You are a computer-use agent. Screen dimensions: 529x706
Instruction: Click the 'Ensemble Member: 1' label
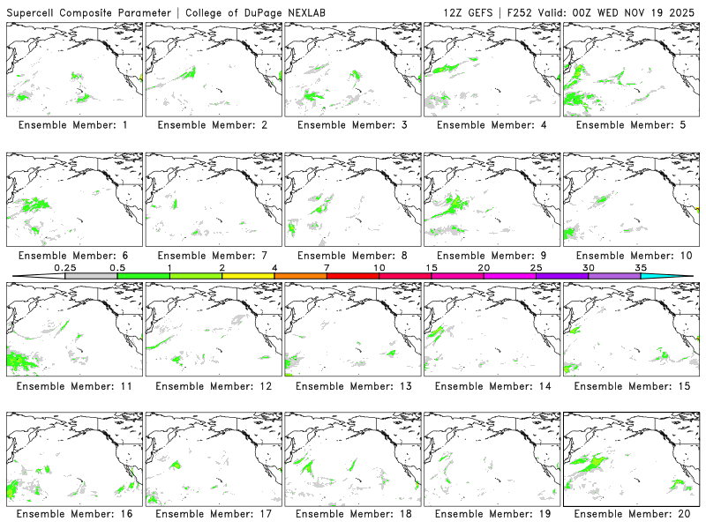click(72, 125)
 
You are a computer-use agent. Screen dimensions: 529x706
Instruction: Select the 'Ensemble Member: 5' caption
click(630, 125)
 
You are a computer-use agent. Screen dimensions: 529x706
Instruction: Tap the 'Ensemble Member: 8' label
click(351, 256)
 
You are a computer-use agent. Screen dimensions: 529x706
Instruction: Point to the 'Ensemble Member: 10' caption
click(630, 256)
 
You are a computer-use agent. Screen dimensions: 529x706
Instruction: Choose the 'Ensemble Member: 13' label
click(351, 385)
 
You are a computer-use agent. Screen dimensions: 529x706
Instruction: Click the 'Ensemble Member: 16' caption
click(72, 515)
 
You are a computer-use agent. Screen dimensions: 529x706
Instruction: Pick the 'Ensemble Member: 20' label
click(630, 515)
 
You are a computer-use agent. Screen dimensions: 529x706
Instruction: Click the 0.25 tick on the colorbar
click(65, 268)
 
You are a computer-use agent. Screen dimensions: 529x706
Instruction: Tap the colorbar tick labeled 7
click(327, 268)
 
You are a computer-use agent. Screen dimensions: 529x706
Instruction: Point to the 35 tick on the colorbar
click(641, 268)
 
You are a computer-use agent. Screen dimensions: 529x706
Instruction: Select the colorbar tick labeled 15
click(432, 268)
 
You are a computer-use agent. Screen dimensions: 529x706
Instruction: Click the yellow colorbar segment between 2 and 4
click(248, 276)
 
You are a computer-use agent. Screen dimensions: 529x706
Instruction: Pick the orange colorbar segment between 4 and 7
click(300, 276)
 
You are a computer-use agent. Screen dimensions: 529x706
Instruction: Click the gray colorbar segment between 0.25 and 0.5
click(91, 276)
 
